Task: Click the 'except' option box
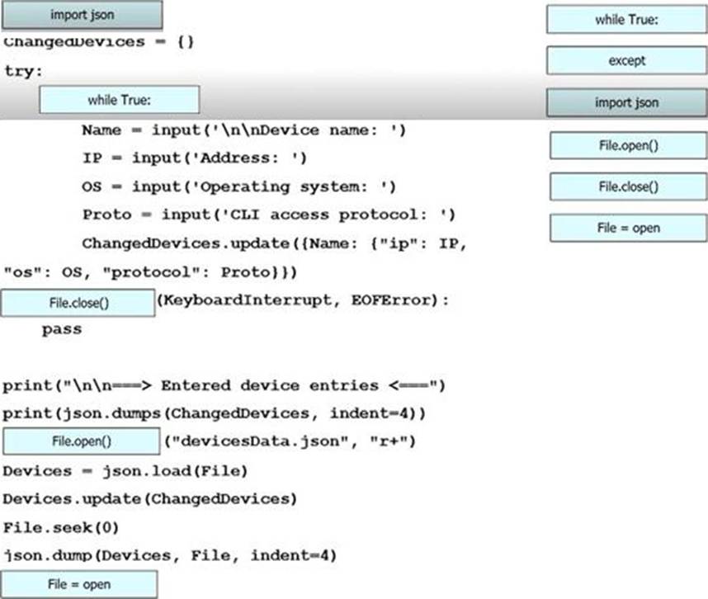pyautogui.click(x=626, y=60)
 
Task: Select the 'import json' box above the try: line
pyautogui.click(x=82, y=15)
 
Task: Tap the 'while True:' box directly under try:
pyautogui.click(x=119, y=101)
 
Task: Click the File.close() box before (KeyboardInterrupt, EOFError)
pyautogui.click(x=78, y=302)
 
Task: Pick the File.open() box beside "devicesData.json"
pyautogui.click(x=81, y=441)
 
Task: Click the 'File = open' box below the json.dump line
pyautogui.click(x=78, y=585)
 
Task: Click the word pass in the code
pyautogui.click(x=62, y=329)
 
